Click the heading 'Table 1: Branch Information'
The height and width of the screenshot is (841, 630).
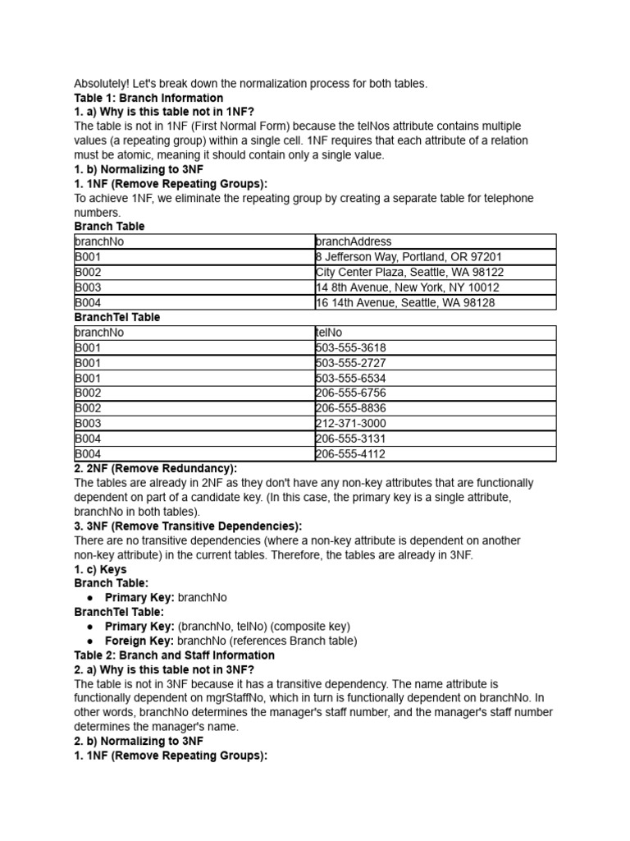[x=148, y=98]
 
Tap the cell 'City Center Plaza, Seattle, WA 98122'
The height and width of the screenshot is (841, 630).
[x=409, y=272]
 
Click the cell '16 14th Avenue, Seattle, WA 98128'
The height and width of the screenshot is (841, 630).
[x=405, y=302]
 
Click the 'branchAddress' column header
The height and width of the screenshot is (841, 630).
[x=354, y=241]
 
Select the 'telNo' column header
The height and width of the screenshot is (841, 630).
[x=330, y=333]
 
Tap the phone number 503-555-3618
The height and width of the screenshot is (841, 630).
[x=350, y=348]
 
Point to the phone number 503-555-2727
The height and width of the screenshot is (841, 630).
[x=350, y=363]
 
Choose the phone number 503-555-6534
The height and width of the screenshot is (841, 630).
[x=350, y=379]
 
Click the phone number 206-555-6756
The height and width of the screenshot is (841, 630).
[x=350, y=393]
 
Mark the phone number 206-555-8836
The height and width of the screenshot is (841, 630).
[x=350, y=408]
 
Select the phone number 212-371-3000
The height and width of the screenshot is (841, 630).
[x=350, y=424]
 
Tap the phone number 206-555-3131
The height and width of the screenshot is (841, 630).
[x=350, y=439]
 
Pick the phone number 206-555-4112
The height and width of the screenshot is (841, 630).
[x=350, y=454]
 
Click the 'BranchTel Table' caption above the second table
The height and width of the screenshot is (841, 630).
[x=117, y=317]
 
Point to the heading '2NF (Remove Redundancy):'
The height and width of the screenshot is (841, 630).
[x=155, y=468]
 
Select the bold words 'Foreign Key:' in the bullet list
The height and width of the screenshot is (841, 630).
[x=139, y=641]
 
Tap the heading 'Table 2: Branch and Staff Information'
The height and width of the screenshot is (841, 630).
[x=174, y=655]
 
